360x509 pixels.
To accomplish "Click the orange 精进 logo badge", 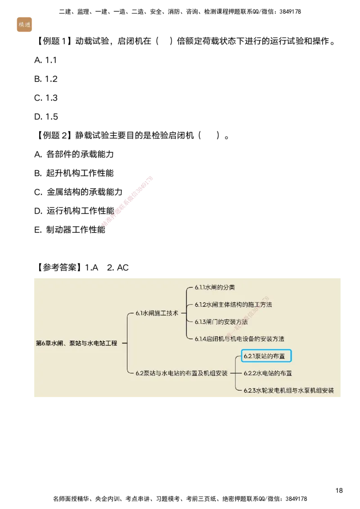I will (x=24, y=25).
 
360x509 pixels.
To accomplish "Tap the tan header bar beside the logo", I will (x=193, y=27).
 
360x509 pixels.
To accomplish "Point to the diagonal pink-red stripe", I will (x=128, y=200).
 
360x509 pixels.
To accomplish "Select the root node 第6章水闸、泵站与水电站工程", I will (x=76, y=343).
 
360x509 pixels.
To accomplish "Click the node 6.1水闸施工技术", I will (x=157, y=313).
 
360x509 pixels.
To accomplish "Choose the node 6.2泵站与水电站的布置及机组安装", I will (x=181, y=373).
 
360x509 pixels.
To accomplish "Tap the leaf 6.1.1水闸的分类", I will (x=215, y=287).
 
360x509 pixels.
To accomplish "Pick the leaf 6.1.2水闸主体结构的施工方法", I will (x=233, y=304).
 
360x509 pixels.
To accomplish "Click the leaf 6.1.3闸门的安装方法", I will (x=221, y=321).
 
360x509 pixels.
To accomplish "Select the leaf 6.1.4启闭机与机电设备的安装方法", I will (x=239, y=339).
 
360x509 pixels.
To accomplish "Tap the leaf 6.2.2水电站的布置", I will (x=268, y=373).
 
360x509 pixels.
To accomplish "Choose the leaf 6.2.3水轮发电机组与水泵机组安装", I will (x=288, y=390).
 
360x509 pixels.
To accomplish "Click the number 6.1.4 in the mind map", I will (x=201, y=339).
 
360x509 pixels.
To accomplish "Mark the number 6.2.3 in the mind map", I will (x=250, y=390).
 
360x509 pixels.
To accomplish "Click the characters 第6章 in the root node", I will (x=43, y=343).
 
